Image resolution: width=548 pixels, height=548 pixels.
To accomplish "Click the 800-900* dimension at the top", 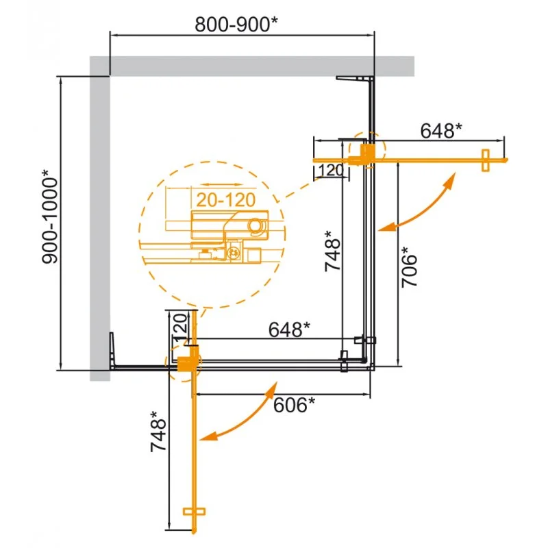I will (236, 24).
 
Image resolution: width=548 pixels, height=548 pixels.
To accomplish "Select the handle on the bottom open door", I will (195, 511).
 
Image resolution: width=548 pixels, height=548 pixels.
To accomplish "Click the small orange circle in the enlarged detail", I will (256, 225).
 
